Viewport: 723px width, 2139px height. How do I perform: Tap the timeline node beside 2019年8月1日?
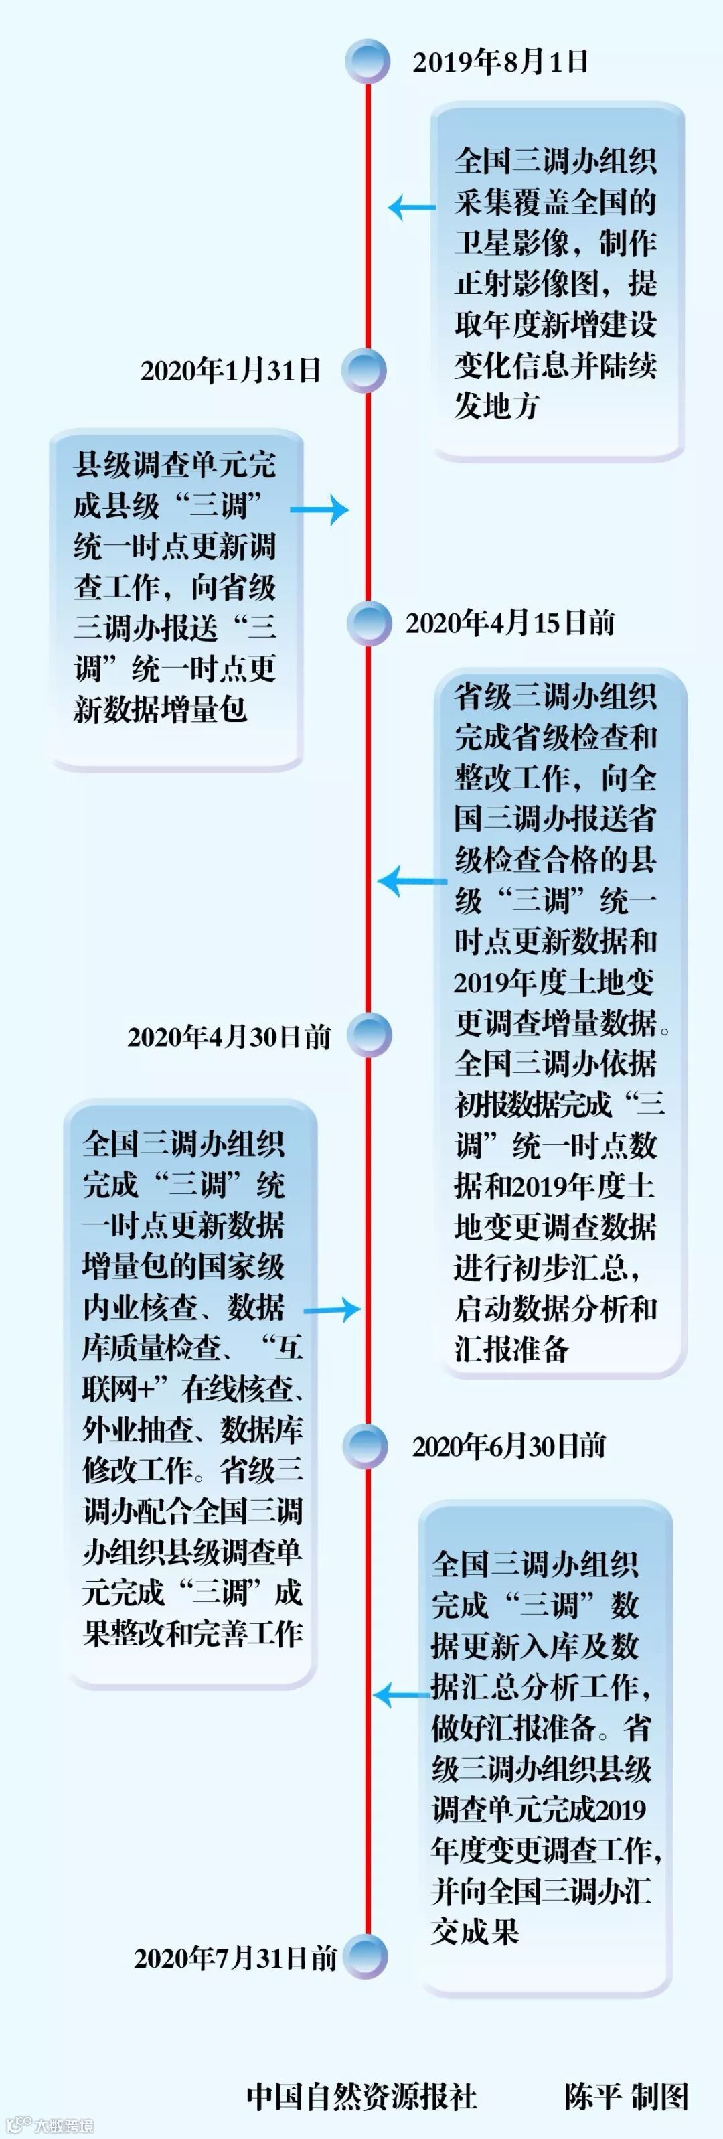[x=368, y=61]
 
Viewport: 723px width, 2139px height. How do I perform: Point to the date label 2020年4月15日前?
[x=509, y=623]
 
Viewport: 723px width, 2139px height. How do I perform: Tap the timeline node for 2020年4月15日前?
[x=369, y=623]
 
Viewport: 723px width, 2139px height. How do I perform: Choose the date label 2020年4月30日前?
[x=229, y=1036]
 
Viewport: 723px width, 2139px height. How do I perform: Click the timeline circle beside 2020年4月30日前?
[x=369, y=1035]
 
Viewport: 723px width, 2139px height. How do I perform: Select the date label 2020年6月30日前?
[x=509, y=1447]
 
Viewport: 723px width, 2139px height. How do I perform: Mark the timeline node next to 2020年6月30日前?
[x=366, y=1447]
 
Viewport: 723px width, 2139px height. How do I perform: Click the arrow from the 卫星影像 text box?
[x=411, y=208]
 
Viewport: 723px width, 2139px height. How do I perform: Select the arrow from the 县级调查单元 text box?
[x=321, y=510]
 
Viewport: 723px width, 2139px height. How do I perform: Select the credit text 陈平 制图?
[x=627, y=2096]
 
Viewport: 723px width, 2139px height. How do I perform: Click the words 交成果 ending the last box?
[x=475, y=1931]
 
